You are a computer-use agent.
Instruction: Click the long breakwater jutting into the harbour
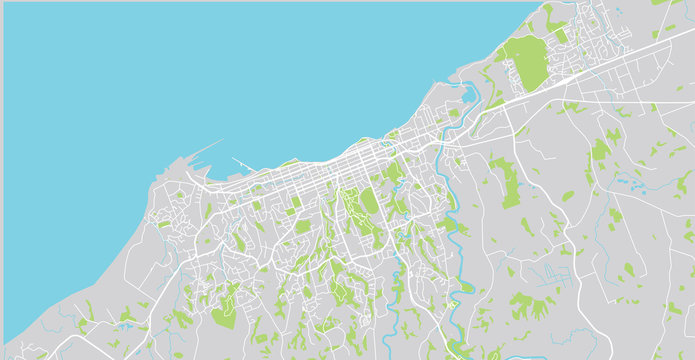click(205, 151)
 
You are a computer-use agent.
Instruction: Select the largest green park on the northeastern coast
click(525, 62)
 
